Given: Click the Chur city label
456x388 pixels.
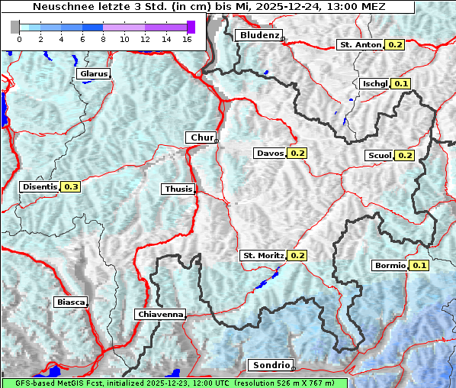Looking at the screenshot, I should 201,137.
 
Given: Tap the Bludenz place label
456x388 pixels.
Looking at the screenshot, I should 259,35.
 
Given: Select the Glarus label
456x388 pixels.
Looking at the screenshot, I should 93,74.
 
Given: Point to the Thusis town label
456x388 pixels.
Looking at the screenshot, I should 178,189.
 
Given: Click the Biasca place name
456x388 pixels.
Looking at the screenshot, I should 71,302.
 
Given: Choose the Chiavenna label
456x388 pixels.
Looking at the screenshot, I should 160,314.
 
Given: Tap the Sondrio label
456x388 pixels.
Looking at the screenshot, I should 271,365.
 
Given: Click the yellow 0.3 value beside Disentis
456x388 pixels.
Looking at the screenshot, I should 71,186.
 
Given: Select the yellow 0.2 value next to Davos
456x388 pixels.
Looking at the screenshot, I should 297,154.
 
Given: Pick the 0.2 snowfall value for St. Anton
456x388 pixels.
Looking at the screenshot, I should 395,45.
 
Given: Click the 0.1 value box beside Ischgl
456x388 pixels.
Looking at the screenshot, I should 401,83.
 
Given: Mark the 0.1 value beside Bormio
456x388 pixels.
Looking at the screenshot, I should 419,266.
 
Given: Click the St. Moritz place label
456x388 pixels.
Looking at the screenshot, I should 262,255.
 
